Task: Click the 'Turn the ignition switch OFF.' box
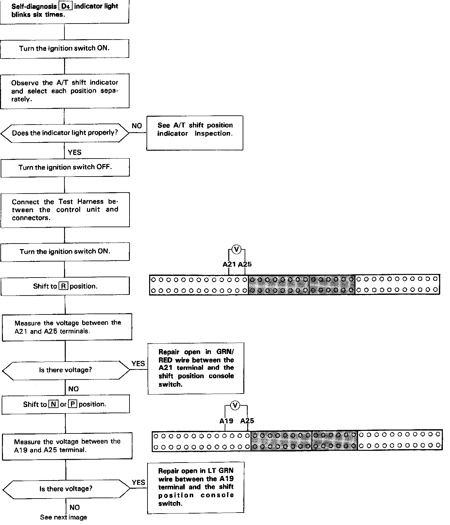click(x=65, y=168)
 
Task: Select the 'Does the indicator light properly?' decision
click(x=65, y=133)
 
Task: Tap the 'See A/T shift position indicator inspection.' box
click(x=195, y=133)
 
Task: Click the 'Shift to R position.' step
click(x=65, y=286)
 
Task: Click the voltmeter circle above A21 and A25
click(x=236, y=250)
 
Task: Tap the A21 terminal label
click(x=229, y=264)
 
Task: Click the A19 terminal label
click(x=226, y=421)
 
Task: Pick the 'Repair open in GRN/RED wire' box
click(x=196, y=368)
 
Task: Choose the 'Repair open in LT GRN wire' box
click(x=196, y=487)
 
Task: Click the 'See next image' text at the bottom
click(x=63, y=517)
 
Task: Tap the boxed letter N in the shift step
click(x=53, y=404)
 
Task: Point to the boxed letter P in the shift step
click(x=73, y=404)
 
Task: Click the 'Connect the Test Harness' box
click(x=65, y=210)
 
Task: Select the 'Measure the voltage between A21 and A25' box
click(x=67, y=327)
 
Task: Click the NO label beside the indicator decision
click(x=137, y=126)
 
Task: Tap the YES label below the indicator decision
click(x=75, y=152)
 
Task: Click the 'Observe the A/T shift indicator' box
click(x=65, y=91)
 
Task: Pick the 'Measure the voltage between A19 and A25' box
click(x=67, y=446)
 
